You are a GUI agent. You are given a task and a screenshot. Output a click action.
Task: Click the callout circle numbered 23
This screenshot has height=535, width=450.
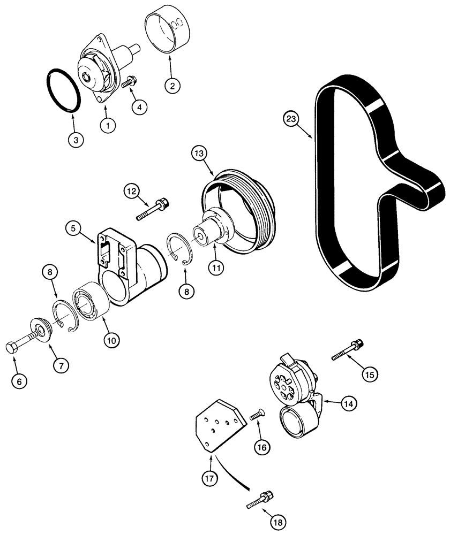[x=291, y=119]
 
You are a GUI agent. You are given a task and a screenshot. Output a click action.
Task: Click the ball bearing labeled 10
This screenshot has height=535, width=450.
[x=89, y=304]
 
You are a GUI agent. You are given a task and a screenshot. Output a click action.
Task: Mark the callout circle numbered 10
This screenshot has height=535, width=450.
[x=113, y=339]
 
